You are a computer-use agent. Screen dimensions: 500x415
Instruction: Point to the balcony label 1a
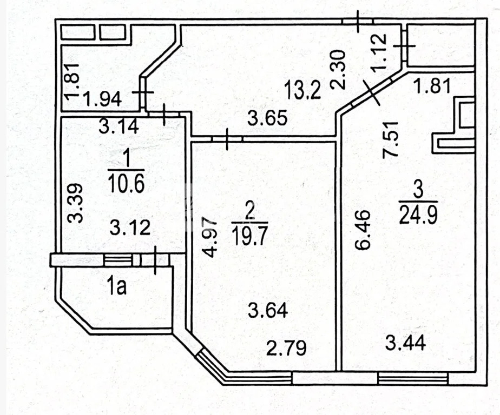(x=117, y=286)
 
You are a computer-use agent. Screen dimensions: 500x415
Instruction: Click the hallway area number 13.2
(x=302, y=90)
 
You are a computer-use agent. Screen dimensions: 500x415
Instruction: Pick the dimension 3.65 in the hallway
(x=267, y=118)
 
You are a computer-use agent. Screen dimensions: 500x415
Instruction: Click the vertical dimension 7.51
(x=390, y=138)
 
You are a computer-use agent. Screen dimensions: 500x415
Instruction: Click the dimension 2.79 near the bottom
(x=286, y=348)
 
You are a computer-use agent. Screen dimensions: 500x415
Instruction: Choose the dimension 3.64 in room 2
(x=268, y=310)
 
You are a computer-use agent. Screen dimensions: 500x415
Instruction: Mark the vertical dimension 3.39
(x=76, y=203)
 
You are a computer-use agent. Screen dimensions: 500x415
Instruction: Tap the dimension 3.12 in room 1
(x=130, y=229)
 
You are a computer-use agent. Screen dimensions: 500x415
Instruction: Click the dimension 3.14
(x=119, y=126)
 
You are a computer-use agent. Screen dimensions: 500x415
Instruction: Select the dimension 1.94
(x=102, y=99)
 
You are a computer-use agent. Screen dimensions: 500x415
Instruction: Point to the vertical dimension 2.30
(x=338, y=69)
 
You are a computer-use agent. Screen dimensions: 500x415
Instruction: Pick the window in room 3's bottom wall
(x=413, y=378)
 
